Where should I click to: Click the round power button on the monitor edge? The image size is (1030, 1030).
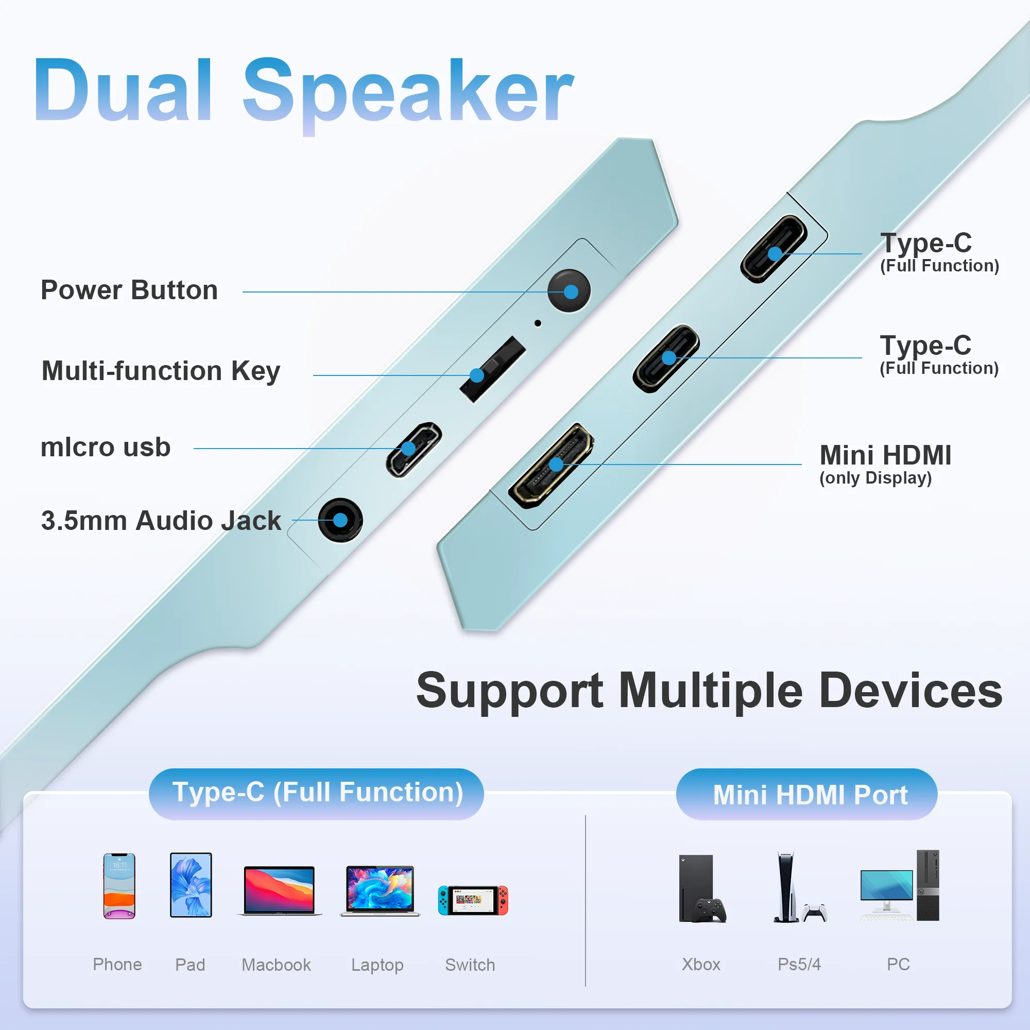coord(569,291)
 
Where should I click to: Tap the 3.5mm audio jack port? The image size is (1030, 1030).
coord(340,520)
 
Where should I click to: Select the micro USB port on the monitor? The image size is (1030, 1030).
coord(414,450)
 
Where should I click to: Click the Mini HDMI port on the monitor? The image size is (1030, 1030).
coord(551,466)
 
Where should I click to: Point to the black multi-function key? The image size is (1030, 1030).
coord(492,369)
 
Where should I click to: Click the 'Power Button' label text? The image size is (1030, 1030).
coord(129,290)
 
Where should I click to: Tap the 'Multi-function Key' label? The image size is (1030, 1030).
coord(161,371)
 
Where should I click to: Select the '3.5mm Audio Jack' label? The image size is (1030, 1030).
coord(161,520)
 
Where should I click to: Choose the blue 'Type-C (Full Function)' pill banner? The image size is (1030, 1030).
coord(316,794)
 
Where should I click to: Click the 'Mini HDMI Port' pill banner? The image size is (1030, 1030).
coord(806,794)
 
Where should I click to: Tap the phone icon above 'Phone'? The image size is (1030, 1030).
coord(119,886)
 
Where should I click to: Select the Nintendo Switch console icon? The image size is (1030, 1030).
coord(473,900)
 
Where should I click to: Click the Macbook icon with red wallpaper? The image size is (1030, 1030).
coord(279,891)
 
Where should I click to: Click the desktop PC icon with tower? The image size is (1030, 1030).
coord(900,885)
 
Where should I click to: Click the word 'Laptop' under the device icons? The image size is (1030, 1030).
coord(377,965)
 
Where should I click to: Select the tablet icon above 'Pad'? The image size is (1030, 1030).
coord(191,885)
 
